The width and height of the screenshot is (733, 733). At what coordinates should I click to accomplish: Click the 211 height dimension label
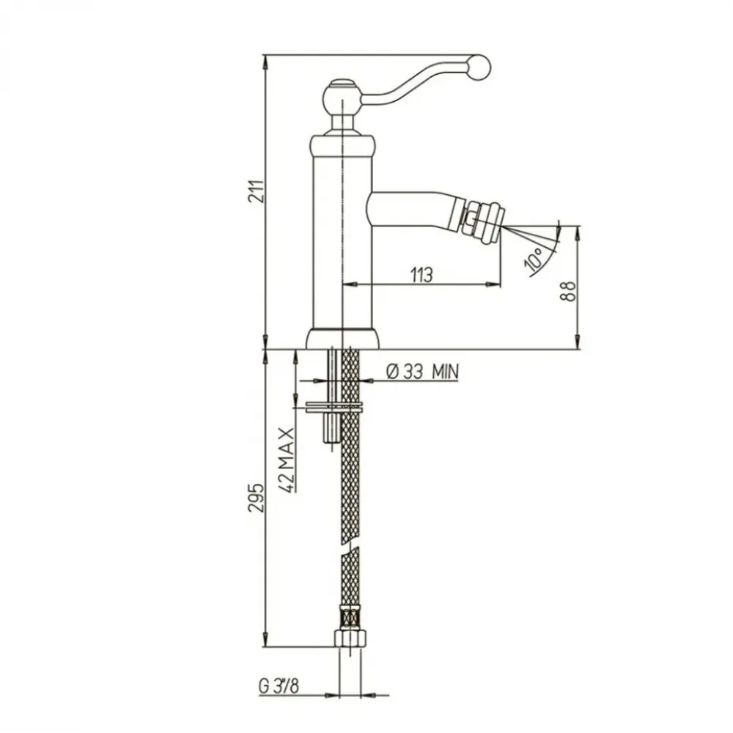coord(257,191)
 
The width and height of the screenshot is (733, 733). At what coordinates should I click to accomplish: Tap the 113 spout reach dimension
coord(421,275)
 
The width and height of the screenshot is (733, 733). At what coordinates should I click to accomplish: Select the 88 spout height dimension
coord(568,291)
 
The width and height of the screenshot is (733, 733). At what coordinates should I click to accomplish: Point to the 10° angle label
coord(534,259)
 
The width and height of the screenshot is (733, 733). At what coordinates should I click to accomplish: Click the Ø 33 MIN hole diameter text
coord(423,372)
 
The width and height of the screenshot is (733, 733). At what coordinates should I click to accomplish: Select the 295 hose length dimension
coord(257,498)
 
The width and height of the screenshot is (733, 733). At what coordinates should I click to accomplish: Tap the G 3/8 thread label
coord(279,686)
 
